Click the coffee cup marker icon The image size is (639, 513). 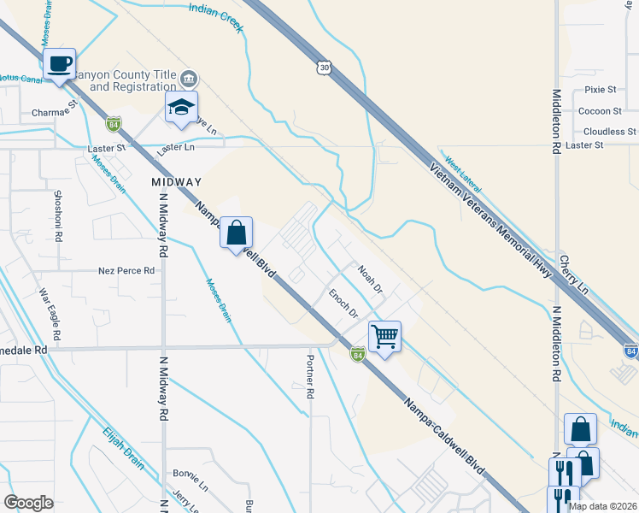tap(60, 65)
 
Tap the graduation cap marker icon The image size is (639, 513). tap(182, 108)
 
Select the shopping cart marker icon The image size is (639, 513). tap(384, 337)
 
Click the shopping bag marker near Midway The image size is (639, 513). tap(236, 233)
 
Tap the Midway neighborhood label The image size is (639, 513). tap(176, 182)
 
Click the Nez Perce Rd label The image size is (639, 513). tap(126, 270)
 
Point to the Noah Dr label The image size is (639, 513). tap(370, 280)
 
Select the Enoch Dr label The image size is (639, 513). tap(343, 304)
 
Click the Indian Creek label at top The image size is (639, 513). tap(215, 16)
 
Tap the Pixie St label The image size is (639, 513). tap(601, 90)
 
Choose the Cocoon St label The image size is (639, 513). tap(600, 111)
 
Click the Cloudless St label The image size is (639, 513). tap(609, 132)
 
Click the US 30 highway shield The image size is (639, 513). tap(324, 67)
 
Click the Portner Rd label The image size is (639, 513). tap(310, 377)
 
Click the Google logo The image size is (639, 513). tap(28, 503)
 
